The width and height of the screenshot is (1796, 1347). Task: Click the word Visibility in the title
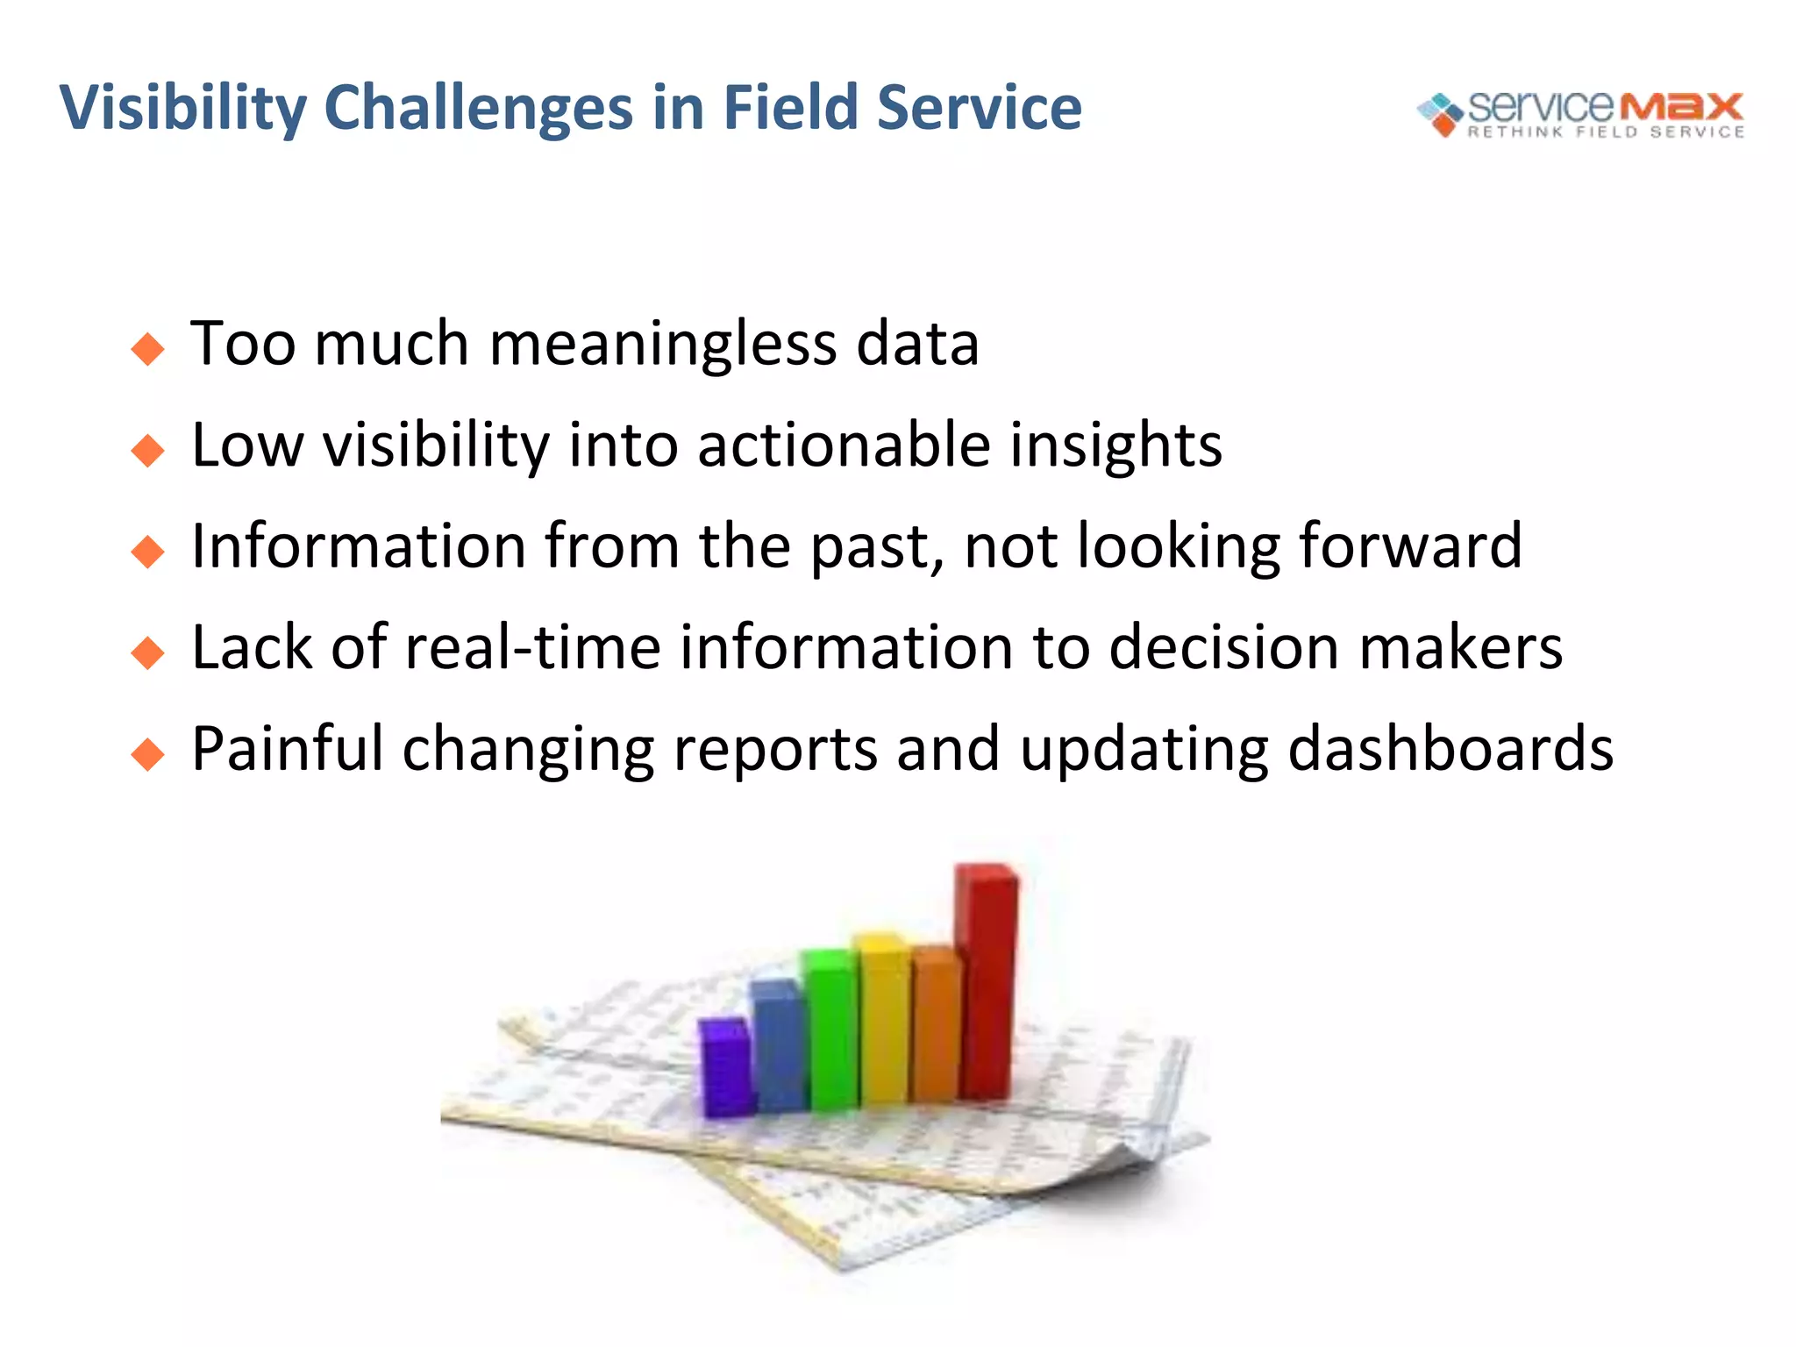click(182, 109)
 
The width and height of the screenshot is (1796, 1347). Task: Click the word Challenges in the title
click(478, 109)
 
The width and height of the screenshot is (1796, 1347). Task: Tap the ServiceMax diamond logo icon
click(1440, 114)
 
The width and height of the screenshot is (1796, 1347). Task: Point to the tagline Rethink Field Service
click(1606, 132)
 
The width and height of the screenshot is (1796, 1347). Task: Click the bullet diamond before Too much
click(147, 349)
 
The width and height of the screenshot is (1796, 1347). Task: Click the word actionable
click(843, 445)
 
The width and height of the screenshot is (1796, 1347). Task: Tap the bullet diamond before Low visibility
click(147, 451)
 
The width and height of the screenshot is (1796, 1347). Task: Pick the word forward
click(1409, 546)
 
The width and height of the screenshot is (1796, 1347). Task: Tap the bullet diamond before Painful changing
click(147, 754)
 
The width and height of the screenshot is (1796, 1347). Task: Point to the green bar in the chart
click(831, 1030)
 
